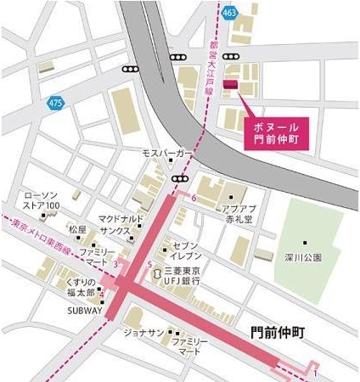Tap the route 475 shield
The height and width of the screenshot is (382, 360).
pos(54,102)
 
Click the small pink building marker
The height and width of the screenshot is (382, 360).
pos(230,82)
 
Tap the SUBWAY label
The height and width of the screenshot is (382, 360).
pos(85,310)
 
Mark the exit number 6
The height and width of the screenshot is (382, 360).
pos(194,199)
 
